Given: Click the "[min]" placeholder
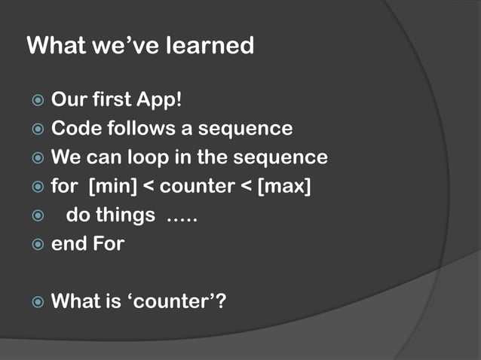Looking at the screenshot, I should pyautogui.click(x=112, y=186).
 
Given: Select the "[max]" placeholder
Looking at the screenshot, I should pyautogui.click(x=284, y=186).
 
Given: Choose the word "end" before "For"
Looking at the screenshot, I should pyautogui.click(x=68, y=244).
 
